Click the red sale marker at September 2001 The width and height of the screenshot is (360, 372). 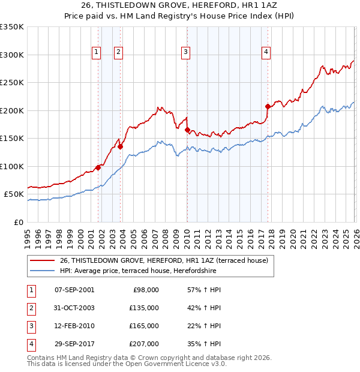98,167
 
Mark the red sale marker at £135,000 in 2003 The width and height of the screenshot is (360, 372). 121,146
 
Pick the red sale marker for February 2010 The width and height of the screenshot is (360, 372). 187,130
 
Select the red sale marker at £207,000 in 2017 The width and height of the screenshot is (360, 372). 268,106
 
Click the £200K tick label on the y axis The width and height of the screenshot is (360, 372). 12,110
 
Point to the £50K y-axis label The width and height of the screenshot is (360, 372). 14,194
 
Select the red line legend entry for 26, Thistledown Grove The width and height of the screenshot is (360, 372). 167,260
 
